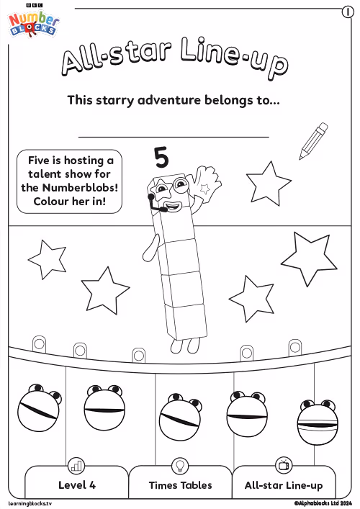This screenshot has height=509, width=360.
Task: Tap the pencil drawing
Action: [314, 141]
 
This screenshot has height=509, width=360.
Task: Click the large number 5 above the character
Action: [162, 158]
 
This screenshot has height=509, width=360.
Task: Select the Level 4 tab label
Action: [77, 485]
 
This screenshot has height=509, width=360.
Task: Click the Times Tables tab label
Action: [180, 485]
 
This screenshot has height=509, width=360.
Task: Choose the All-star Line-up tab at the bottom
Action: [284, 485]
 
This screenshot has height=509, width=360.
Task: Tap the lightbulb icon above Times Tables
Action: [180, 465]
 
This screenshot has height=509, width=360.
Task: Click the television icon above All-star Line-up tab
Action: [284, 465]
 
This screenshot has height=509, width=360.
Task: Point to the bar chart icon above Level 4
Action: [76, 466]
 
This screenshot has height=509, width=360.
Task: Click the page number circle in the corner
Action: [348, 12]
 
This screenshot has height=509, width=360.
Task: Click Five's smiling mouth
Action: [173, 206]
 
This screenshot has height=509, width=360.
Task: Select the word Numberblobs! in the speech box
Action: [80, 187]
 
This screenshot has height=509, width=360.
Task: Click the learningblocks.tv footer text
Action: [30, 503]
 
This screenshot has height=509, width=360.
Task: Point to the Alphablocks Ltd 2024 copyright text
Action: [323, 503]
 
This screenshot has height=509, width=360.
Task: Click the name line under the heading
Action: [174, 137]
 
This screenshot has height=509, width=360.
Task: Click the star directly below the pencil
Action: [268, 184]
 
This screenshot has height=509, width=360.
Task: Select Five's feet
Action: [186, 346]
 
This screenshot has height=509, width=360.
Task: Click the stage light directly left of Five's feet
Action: [139, 355]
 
